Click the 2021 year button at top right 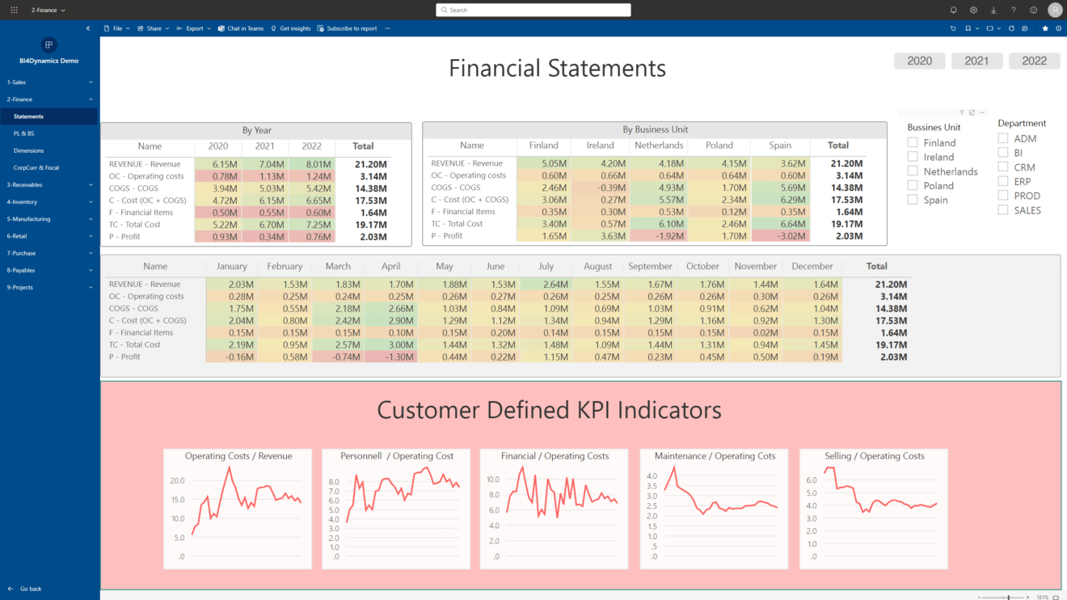[x=976, y=61]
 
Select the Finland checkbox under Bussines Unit [x=913, y=143]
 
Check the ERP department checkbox [x=1003, y=181]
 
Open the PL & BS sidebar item [x=23, y=133]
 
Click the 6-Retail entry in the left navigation [x=18, y=236]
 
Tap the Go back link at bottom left [x=30, y=589]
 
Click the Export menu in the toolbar [x=194, y=28]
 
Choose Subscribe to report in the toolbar [x=351, y=28]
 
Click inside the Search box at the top [x=533, y=10]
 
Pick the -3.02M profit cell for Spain [x=780, y=236]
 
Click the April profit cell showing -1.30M [x=391, y=357]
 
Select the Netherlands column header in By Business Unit [x=659, y=146]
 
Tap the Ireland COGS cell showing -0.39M [x=600, y=188]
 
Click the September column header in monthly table [x=650, y=266]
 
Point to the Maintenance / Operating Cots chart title [x=715, y=456]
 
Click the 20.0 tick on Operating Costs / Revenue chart [x=177, y=480]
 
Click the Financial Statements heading [x=557, y=68]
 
